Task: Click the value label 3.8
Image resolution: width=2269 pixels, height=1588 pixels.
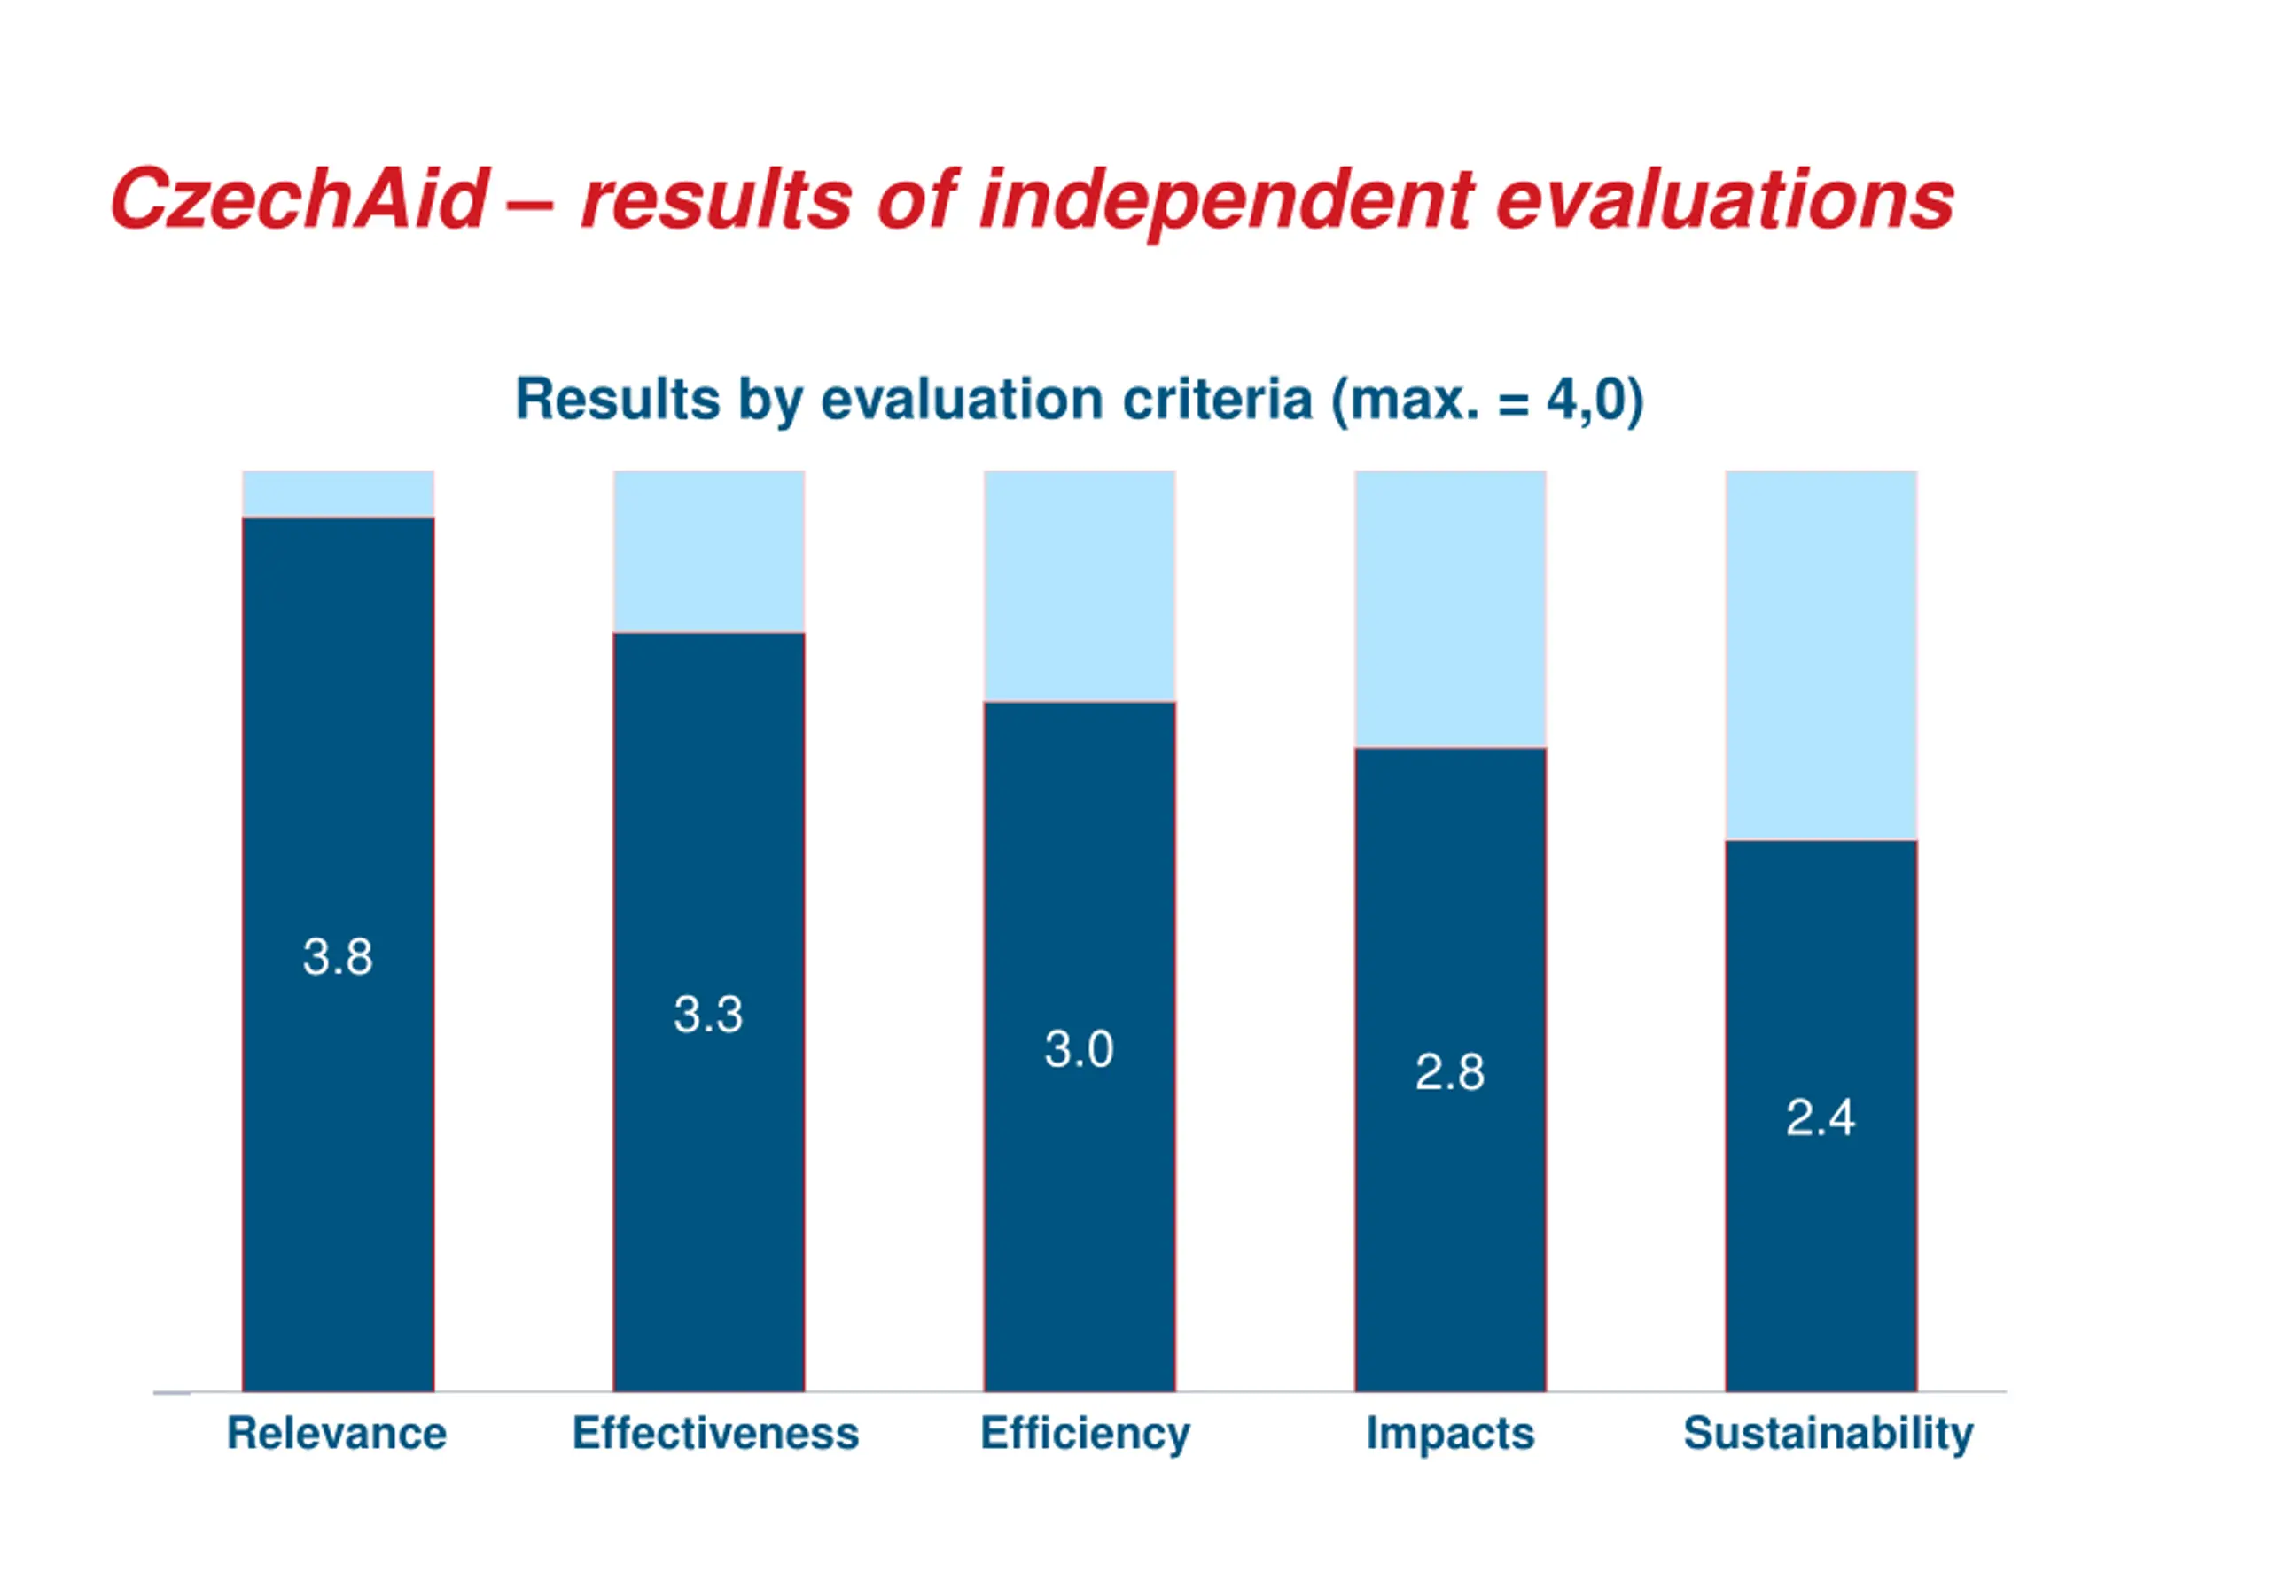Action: coord(338,956)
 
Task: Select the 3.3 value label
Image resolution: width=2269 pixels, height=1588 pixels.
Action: coord(707,1014)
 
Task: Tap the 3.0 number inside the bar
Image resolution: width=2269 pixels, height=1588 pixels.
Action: coord(1080,1048)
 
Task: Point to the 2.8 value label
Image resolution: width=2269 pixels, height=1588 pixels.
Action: coord(1450,1072)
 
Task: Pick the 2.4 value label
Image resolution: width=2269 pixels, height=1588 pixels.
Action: coord(1821,1118)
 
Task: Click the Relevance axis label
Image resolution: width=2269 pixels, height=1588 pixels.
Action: coord(337,1433)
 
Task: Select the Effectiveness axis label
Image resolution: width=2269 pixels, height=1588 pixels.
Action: coord(715,1433)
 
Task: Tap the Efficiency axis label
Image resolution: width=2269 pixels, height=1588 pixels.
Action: coord(1085,1434)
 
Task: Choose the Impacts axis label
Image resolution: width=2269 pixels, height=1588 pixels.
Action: coord(1450,1433)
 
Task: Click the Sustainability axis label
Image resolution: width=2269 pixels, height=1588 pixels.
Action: coord(1828,1433)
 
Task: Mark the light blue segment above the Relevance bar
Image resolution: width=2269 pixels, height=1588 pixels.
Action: coord(338,493)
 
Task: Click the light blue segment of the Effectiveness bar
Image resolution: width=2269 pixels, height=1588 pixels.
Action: coord(708,550)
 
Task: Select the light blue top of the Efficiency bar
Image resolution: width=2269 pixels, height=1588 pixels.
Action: coord(1080,585)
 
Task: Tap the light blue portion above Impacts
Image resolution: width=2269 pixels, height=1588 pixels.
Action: coord(1450,608)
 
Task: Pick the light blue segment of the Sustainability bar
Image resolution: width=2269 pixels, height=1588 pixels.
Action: coord(1821,654)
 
